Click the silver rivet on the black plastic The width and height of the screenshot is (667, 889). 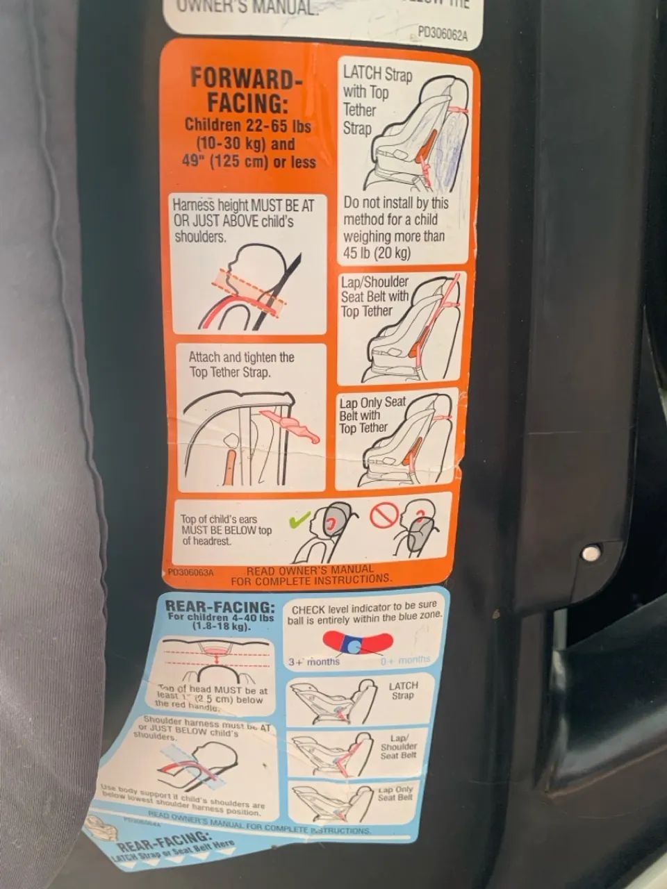point(591,554)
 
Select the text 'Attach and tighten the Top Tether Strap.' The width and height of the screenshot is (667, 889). point(241,365)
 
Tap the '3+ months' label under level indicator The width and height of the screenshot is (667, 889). point(314,661)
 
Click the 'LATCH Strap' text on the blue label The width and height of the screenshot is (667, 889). point(403,690)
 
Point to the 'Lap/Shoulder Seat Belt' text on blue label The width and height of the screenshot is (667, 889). point(398,747)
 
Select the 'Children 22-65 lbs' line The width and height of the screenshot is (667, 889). point(247,126)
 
